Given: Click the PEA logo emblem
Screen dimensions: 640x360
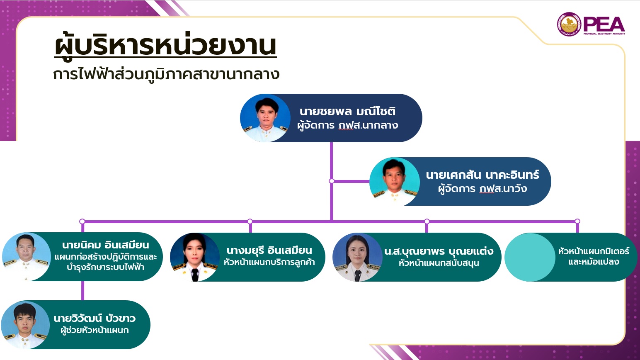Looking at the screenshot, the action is click(569, 24).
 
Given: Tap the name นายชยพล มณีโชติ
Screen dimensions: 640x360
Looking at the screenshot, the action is click(347, 111).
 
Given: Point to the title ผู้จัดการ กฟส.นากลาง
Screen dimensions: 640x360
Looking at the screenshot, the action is click(347, 125).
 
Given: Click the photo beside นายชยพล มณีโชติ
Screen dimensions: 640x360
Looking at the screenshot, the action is click(265, 118).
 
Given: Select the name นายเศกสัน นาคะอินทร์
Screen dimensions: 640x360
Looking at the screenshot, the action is click(482, 175).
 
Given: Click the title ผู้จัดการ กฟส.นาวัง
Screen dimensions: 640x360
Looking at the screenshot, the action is click(482, 189).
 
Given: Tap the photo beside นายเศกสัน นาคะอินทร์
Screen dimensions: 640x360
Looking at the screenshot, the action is click(395, 182).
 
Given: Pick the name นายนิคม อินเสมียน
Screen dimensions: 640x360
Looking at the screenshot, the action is click(105, 245).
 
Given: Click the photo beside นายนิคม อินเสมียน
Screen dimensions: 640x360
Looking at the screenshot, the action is click(26, 257).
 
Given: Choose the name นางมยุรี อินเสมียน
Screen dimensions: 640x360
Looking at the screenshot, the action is click(269, 251).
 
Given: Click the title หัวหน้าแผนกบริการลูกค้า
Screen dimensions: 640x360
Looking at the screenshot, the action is click(269, 262).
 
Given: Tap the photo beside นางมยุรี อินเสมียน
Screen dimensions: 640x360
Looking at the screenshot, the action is click(195, 257).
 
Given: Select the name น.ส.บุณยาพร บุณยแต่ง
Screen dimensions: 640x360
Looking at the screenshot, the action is click(439, 251).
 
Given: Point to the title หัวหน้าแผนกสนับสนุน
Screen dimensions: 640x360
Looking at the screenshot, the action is click(439, 263).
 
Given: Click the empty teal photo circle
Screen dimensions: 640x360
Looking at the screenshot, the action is click(530, 257).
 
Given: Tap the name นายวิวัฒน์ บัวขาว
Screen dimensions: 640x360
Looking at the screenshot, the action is click(95, 318).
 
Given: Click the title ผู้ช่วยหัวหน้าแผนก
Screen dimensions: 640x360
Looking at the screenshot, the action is click(95, 330).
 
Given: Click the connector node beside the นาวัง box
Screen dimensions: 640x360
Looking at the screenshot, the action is click(332, 181).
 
